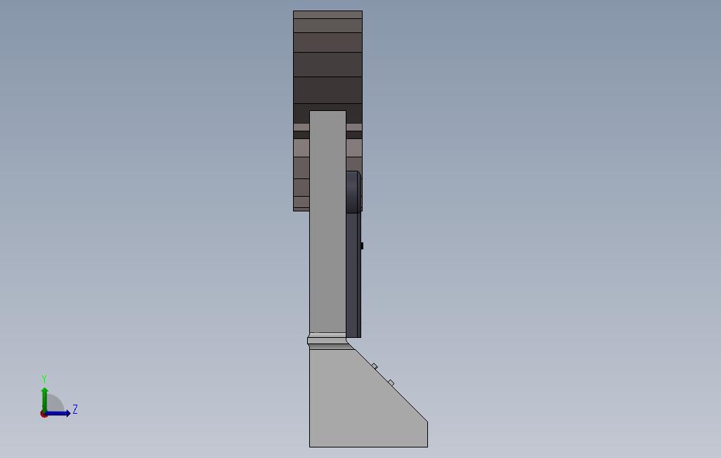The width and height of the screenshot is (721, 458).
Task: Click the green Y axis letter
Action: coord(44,379)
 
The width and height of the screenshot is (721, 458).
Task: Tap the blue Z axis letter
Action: coord(75,410)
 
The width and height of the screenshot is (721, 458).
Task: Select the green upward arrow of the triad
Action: coord(44,397)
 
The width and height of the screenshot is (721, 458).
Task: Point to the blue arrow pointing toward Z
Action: coord(59,413)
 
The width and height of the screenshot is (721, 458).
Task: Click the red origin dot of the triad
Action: coord(44,414)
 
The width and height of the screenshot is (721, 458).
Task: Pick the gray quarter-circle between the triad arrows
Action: coord(54,405)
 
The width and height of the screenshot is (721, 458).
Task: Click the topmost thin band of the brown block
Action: coord(327,15)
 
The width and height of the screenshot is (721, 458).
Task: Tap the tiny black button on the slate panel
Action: coord(362,246)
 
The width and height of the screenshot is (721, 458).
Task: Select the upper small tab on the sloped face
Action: coord(375,366)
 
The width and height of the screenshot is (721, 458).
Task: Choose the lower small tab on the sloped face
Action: coord(391,382)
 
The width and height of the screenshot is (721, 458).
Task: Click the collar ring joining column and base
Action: coord(327,341)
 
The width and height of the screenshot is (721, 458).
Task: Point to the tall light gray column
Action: coord(327,225)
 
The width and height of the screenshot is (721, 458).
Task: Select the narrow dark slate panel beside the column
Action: coord(353,281)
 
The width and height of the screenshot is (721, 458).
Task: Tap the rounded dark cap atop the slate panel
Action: coord(353,190)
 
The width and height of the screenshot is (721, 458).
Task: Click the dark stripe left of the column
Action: coord(301,134)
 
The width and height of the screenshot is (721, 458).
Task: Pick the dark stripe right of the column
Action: coord(354,134)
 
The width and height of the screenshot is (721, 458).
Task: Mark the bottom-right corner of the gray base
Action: coord(427,446)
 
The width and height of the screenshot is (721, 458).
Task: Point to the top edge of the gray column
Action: coord(327,111)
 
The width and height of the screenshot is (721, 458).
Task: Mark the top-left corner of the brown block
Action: coord(294,11)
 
